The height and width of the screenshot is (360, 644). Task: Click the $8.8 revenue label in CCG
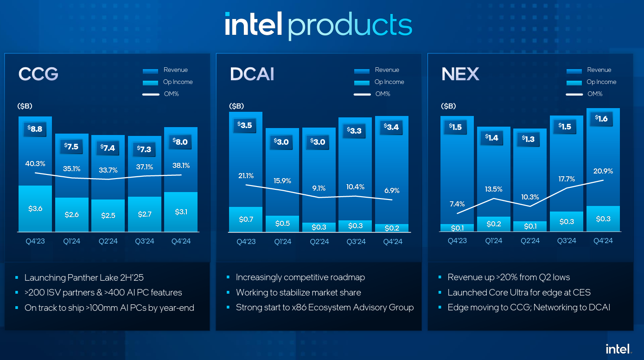tap(35, 129)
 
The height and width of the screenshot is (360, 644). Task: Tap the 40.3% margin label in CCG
tap(35, 164)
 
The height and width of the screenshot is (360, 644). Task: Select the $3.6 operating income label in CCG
tap(35, 209)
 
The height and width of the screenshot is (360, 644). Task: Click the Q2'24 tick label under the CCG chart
tap(108, 241)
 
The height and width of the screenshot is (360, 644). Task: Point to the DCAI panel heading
tap(252, 74)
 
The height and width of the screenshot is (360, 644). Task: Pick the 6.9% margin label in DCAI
tap(392, 191)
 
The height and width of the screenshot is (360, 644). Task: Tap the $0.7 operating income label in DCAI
tap(245, 219)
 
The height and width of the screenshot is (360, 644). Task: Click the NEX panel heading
tap(460, 74)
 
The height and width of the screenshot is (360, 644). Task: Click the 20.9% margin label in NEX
tap(603, 171)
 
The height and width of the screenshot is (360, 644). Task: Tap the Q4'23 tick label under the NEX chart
tap(457, 241)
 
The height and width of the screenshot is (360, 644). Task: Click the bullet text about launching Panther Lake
tap(84, 277)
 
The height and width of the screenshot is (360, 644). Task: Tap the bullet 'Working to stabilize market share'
tap(298, 292)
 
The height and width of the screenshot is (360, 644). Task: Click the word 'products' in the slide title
tap(350, 25)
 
